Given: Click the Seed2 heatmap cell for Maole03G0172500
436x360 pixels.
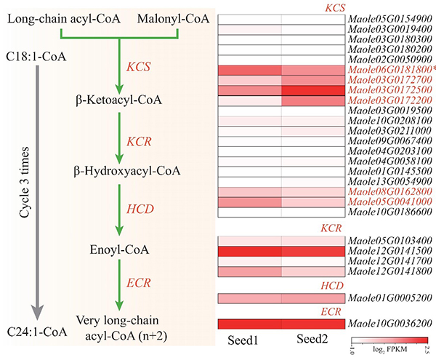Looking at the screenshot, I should tap(312, 89).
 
